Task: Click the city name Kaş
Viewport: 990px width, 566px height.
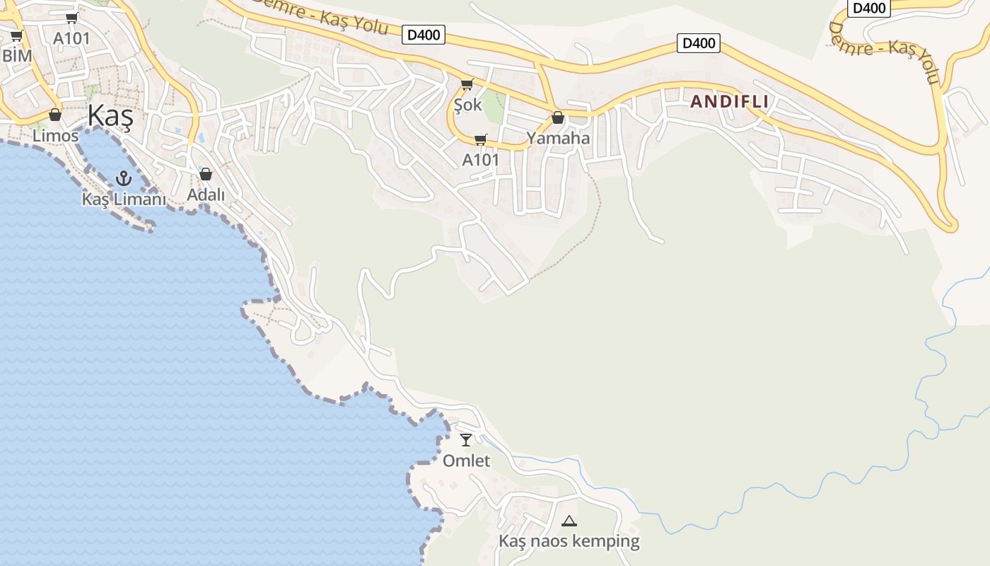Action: click(110, 115)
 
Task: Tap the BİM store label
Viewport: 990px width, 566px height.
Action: click(18, 55)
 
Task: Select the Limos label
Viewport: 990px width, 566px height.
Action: click(55, 135)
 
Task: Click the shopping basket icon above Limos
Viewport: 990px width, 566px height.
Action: click(55, 115)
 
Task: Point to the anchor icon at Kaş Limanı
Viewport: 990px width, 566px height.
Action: click(124, 178)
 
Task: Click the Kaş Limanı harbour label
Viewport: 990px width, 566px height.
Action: click(124, 200)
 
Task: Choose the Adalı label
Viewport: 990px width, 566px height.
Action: click(206, 195)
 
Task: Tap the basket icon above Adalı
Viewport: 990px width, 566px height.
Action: click(206, 174)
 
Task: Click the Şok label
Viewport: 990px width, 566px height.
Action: click(467, 105)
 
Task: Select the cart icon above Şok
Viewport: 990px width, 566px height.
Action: click(467, 85)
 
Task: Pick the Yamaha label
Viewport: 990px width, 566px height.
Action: click(558, 138)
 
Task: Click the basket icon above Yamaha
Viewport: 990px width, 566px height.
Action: click(558, 117)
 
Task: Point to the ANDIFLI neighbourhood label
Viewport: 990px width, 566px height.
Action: click(729, 101)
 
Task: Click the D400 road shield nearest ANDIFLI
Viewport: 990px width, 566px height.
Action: click(699, 43)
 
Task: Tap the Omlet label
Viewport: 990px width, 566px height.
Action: click(466, 461)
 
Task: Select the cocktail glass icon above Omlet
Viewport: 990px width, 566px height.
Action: click(466, 440)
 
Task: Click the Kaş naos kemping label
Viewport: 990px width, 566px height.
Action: click(569, 541)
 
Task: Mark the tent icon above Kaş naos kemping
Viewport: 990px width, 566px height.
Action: click(569, 521)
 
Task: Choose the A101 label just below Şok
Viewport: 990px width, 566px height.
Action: click(481, 160)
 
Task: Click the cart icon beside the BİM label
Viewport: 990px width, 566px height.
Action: click(16, 36)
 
